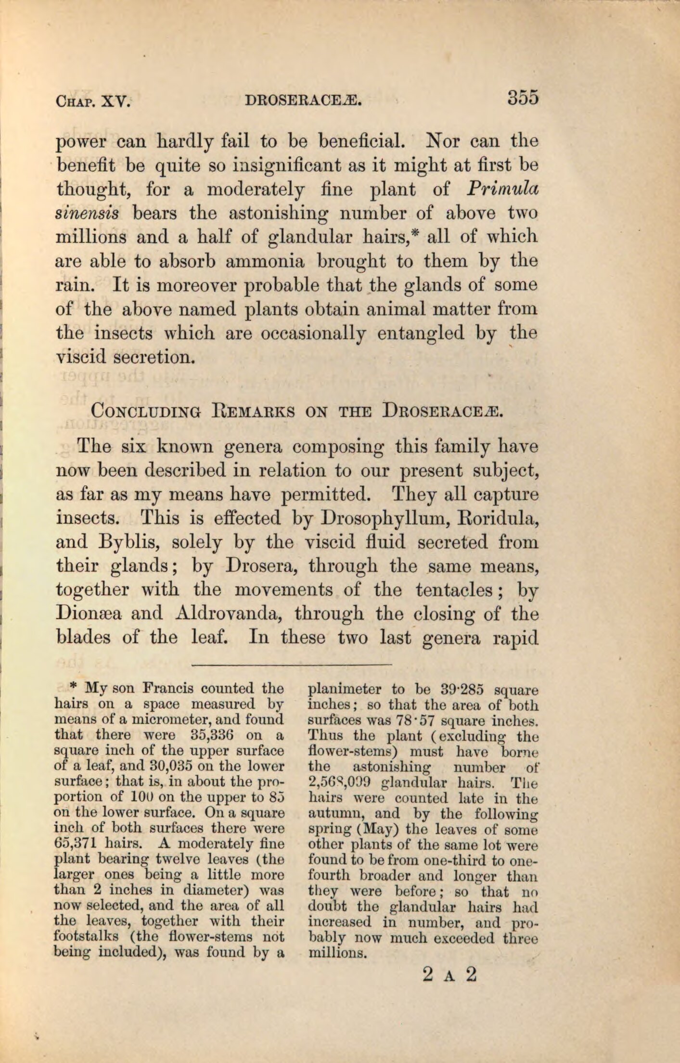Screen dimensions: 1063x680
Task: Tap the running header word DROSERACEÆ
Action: coord(303,101)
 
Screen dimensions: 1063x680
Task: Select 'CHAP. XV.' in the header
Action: coord(93,101)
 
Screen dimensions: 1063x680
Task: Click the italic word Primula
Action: coord(502,189)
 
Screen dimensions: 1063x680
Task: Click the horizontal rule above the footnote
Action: coord(292,665)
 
